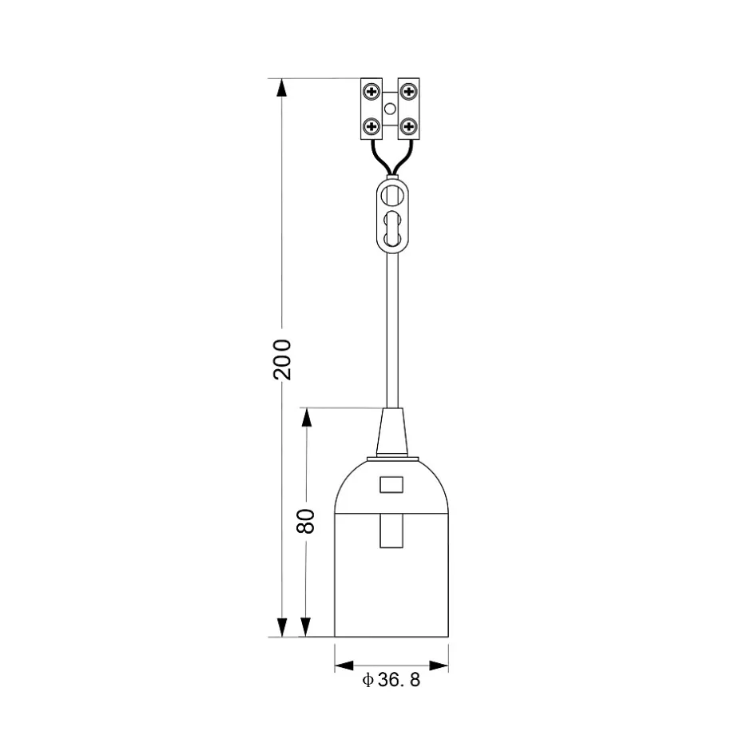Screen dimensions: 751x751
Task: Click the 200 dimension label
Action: pos(282,360)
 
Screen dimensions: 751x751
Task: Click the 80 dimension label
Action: pos(305,521)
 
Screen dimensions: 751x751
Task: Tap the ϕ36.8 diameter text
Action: pos(391,680)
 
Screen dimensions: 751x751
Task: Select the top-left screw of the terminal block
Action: pos(372,91)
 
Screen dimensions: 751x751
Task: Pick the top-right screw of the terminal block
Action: pos(408,91)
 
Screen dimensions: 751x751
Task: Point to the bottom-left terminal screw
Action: pos(372,127)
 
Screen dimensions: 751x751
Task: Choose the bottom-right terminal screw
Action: pos(408,127)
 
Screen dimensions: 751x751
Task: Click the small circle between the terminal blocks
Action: pos(391,109)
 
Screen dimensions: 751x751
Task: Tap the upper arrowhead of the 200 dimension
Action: pos(282,88)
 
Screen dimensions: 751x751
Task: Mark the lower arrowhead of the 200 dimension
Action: pos(282,627)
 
